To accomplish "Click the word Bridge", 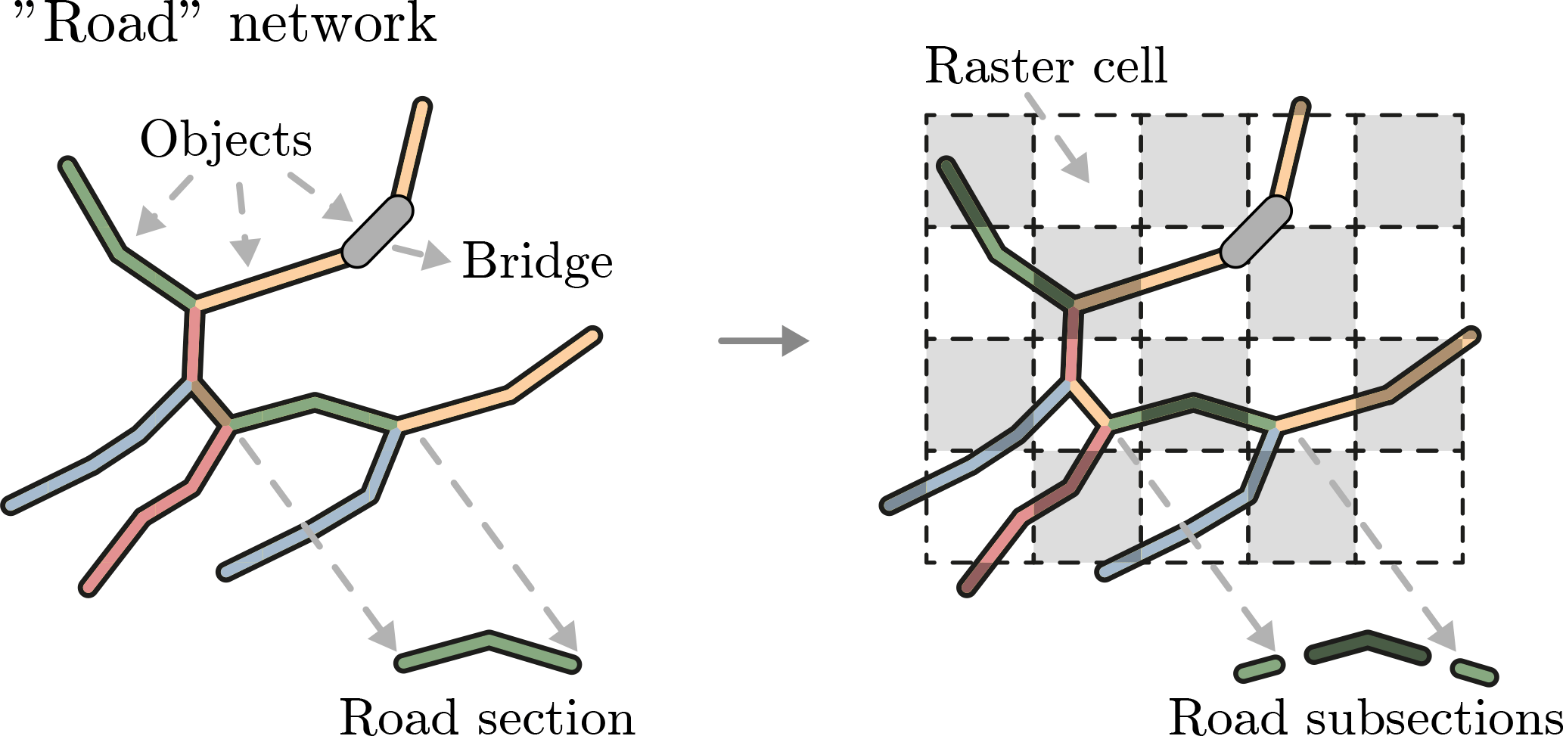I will (x=537, y=262).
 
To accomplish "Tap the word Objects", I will (x=225, y=140).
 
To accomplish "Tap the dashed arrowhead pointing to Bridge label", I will (x=435, y=256).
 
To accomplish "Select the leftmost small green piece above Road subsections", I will (x=1260, y=669).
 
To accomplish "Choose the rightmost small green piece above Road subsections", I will (x=1474, y=672).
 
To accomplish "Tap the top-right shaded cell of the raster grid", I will (x=1409, y=170).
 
